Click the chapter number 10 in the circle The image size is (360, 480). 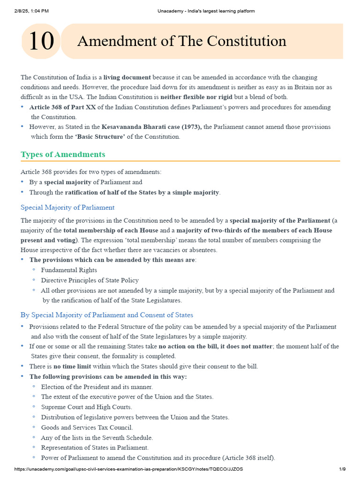pyautogui.click(x=41, y=41)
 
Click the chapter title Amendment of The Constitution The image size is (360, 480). pyautogui.click(x=181, y=41)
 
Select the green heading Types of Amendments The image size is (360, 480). pyautogui.click(x=63, y=154)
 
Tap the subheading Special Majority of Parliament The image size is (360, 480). pyautogui.click(x=67, y=207)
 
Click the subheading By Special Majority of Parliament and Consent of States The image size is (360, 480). pyautogui.click(x=107, y=315)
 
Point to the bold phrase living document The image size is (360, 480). pyautogui.click(x=127, y=77)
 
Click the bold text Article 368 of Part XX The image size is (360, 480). pyautogui.click(x=63, y=107)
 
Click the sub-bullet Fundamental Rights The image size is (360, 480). pyautogui.click(x=69, y=270)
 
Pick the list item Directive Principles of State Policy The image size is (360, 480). pyautogui.click(x=90, y=280)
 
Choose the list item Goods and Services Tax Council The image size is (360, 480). pyautogui.click(x=87, y=427)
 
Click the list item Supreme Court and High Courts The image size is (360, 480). pyautogui.click(x=86, y=407)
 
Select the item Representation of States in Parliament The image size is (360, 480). pyautogui.click(x=95, y=447)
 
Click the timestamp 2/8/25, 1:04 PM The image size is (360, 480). pyautogui.click(x=28, y=11)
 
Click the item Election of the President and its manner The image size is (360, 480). pyautogui.click(x=97, y=387)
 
